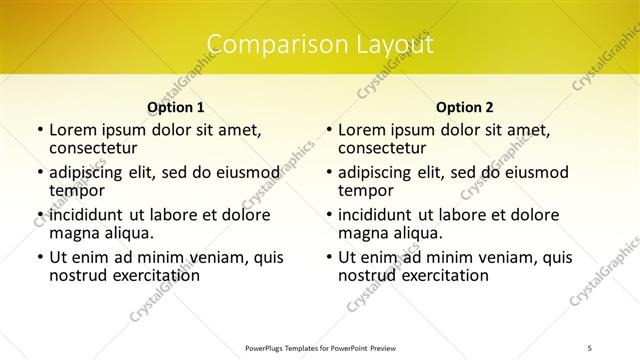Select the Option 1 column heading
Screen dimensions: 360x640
176,107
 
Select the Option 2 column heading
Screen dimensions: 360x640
465,107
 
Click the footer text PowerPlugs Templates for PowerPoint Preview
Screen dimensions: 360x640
320,347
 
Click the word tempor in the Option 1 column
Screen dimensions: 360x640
77,190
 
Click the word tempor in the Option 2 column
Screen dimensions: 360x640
366,190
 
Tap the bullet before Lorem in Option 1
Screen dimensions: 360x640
39,130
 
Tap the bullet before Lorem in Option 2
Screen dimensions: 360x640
328,130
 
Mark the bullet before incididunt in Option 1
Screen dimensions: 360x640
39,215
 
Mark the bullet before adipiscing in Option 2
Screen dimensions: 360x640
328,173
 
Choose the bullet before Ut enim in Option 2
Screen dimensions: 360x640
328,257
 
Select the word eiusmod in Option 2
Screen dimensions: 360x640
515,172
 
